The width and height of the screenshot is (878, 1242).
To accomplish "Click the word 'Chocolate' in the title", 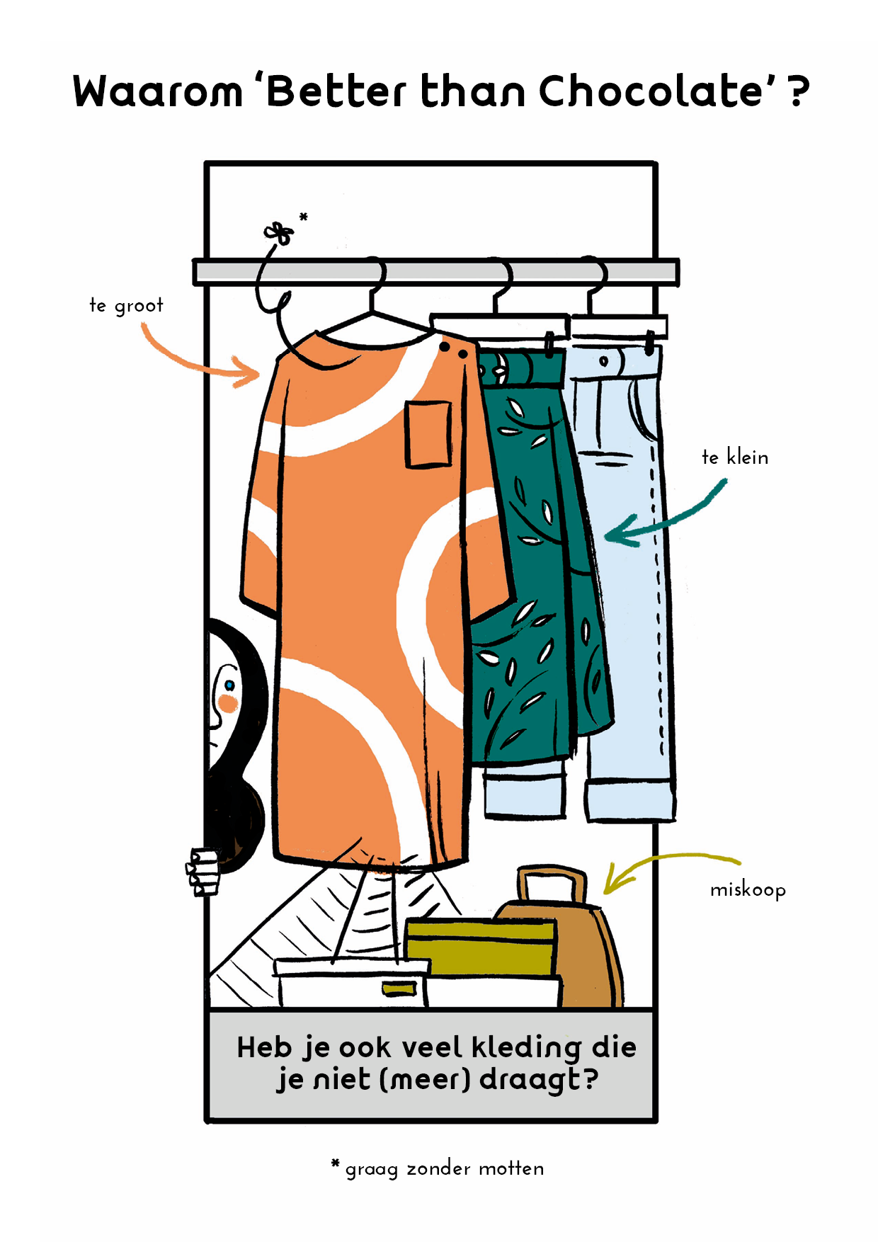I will pos(651,91).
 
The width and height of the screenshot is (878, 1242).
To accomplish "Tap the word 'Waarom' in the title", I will pos(157,92).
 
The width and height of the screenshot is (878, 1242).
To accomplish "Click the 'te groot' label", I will pos(126,305).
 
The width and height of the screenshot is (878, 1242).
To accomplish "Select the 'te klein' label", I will pos(734,457).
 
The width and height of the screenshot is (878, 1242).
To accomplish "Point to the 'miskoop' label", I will pos(748,889).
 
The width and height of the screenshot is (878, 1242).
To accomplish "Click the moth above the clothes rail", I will pos(278,232).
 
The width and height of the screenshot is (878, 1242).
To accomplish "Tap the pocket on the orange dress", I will pos(428,434).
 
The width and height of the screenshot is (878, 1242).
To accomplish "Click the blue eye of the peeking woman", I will pos(229,685).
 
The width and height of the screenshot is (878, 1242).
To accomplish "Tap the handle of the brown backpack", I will pos(552,882).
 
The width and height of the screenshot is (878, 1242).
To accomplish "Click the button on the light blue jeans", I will pos(603,361).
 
